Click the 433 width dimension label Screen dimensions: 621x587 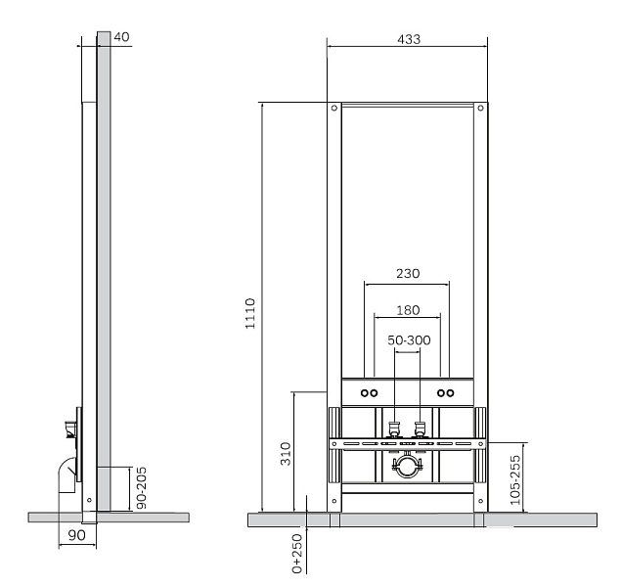(x=409, y=39)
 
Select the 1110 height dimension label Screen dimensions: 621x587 (x=250, y=313)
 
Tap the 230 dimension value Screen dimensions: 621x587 (x=408, y=273)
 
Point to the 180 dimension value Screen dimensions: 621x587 (x=408, y=310)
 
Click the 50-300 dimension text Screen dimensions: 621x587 (x=409, y=340)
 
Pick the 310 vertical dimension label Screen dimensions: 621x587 (x=286, y=454)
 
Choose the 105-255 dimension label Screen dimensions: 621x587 (x=514, y=480)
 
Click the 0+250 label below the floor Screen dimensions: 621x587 (x=297, y=554)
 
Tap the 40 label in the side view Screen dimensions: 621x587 (x=121, y=37)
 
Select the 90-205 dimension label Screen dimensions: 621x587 (x=141, y=488)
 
